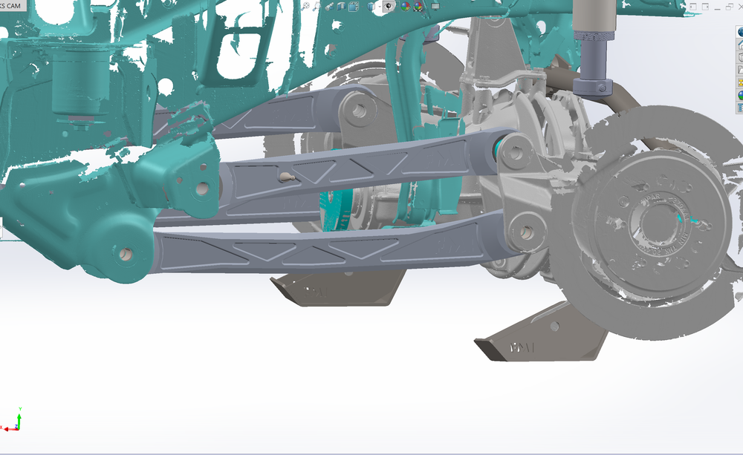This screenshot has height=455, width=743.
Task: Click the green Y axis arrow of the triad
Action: click(19, 412)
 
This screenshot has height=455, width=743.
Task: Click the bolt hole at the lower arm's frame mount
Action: click(125, 254)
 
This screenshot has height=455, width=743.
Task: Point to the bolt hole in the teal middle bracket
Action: click(201, 189)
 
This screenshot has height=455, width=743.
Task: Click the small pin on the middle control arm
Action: click(287, 177)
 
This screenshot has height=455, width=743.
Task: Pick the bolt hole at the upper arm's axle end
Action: click(360, 111)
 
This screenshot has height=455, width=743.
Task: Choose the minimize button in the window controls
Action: click(693, 6)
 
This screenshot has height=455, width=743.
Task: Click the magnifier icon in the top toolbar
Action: click(306, 6)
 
